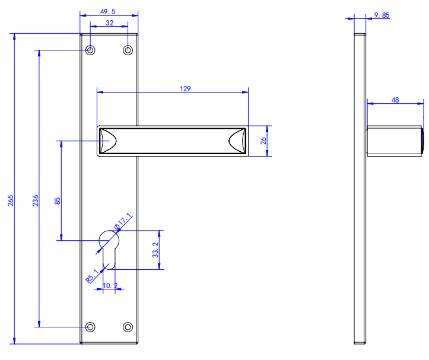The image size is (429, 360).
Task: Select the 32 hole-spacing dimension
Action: [109, 22]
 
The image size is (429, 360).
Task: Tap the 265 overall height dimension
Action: [11, 200]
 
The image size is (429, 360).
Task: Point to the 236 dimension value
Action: [36, 200]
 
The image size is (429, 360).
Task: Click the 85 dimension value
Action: [58, 200]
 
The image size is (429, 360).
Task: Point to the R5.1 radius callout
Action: [92, 276]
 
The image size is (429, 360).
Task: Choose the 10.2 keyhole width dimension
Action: [110, 286]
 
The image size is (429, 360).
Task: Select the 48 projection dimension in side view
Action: [395, 100]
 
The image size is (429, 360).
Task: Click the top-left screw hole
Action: [90, 50]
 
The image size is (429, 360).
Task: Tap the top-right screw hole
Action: [128, 50]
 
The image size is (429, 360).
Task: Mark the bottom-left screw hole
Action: [90, 327]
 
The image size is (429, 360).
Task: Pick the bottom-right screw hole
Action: [128, 327]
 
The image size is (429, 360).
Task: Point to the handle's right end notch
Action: [237, 141]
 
